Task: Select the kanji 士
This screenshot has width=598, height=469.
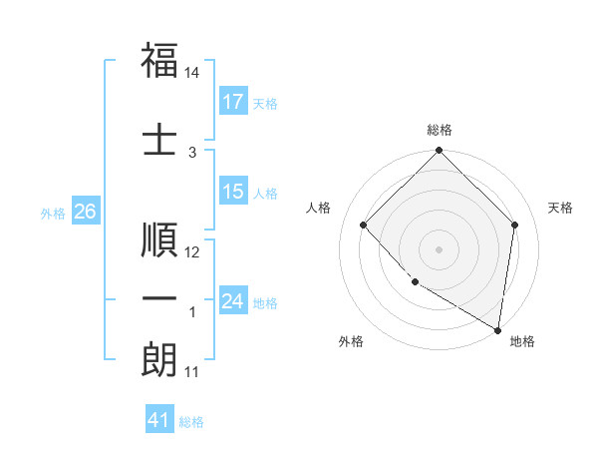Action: tap(159, 138)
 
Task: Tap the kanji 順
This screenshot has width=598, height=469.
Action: tap(159, 240)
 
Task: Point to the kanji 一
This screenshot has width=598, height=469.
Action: tap(159, 300)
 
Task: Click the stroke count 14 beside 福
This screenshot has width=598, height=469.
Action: tap(192, 73)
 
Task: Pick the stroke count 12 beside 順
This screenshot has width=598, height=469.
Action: tap(192, 253)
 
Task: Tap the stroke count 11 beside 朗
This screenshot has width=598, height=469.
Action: tap(192, 372)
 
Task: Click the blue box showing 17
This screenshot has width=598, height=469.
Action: tap(233, 102)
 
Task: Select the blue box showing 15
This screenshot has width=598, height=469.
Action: tap(233, 192)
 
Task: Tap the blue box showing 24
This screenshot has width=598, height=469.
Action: tap(233, 301)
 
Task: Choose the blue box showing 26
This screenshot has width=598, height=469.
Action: tap(85, 212)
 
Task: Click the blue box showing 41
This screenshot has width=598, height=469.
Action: tap(160, 420)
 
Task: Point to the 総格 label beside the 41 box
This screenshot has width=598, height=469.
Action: tap(191, 422)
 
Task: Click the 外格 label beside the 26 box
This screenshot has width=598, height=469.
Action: tap(52, 214)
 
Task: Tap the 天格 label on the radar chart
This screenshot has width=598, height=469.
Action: tap(560, 208)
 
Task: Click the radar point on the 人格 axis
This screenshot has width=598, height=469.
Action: tap(364, 225)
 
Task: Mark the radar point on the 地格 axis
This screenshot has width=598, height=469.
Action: tap(497, 329)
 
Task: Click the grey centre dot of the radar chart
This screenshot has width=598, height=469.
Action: tap(439, 248)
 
